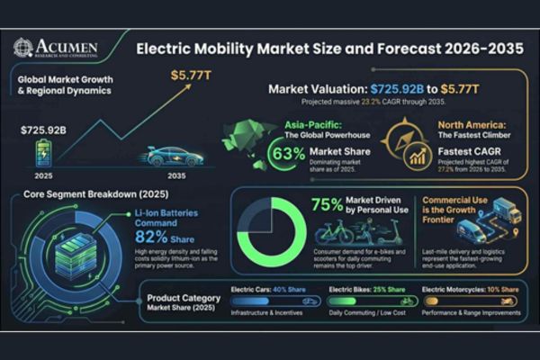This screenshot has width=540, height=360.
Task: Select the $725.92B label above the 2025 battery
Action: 43,130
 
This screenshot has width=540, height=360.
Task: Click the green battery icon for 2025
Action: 43,154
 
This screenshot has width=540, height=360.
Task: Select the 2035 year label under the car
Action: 175,175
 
